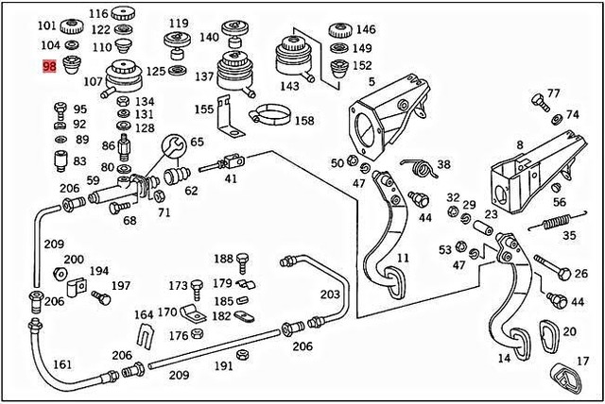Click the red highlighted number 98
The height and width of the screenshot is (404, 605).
[47, 66]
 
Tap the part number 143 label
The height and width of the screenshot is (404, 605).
[289, 86]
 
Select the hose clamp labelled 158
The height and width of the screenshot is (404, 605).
[268, 119]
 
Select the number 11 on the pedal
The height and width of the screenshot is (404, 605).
[403, 258]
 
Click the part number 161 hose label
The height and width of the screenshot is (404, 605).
[61, 363]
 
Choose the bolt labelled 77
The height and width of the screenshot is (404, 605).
[539, 100]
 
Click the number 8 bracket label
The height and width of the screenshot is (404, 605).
[519, 145]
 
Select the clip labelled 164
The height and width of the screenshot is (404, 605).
[145, 332]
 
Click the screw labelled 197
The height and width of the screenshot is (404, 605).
[102, 298]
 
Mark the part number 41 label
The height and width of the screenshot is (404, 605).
[231, 178]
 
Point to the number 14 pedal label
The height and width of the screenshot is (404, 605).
[504, 360]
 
